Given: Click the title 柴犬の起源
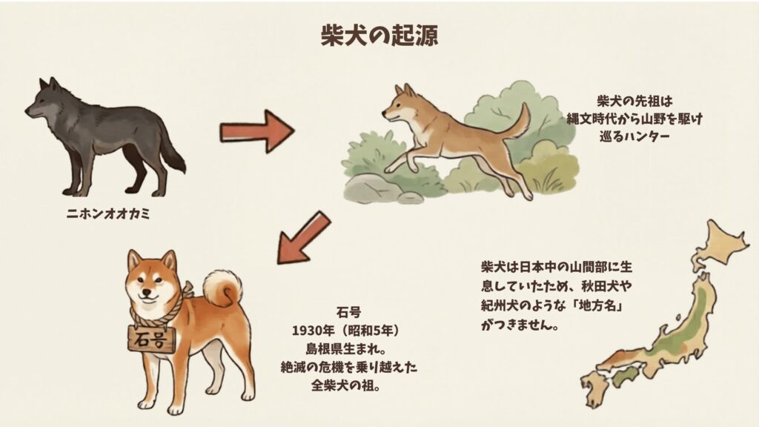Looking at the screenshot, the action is [379, 36].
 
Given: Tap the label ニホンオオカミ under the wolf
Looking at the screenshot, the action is [108, 213].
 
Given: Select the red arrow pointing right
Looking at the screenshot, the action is [256, 130].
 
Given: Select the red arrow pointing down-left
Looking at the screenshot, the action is [302, 237].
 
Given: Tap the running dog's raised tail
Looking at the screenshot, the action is [517, 122].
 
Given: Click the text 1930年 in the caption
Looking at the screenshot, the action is [314, 331].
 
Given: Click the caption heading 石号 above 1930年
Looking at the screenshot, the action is [349, 312].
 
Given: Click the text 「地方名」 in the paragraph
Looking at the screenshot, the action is [597, 306].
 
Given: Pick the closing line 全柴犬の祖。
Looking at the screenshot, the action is [345, 385].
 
